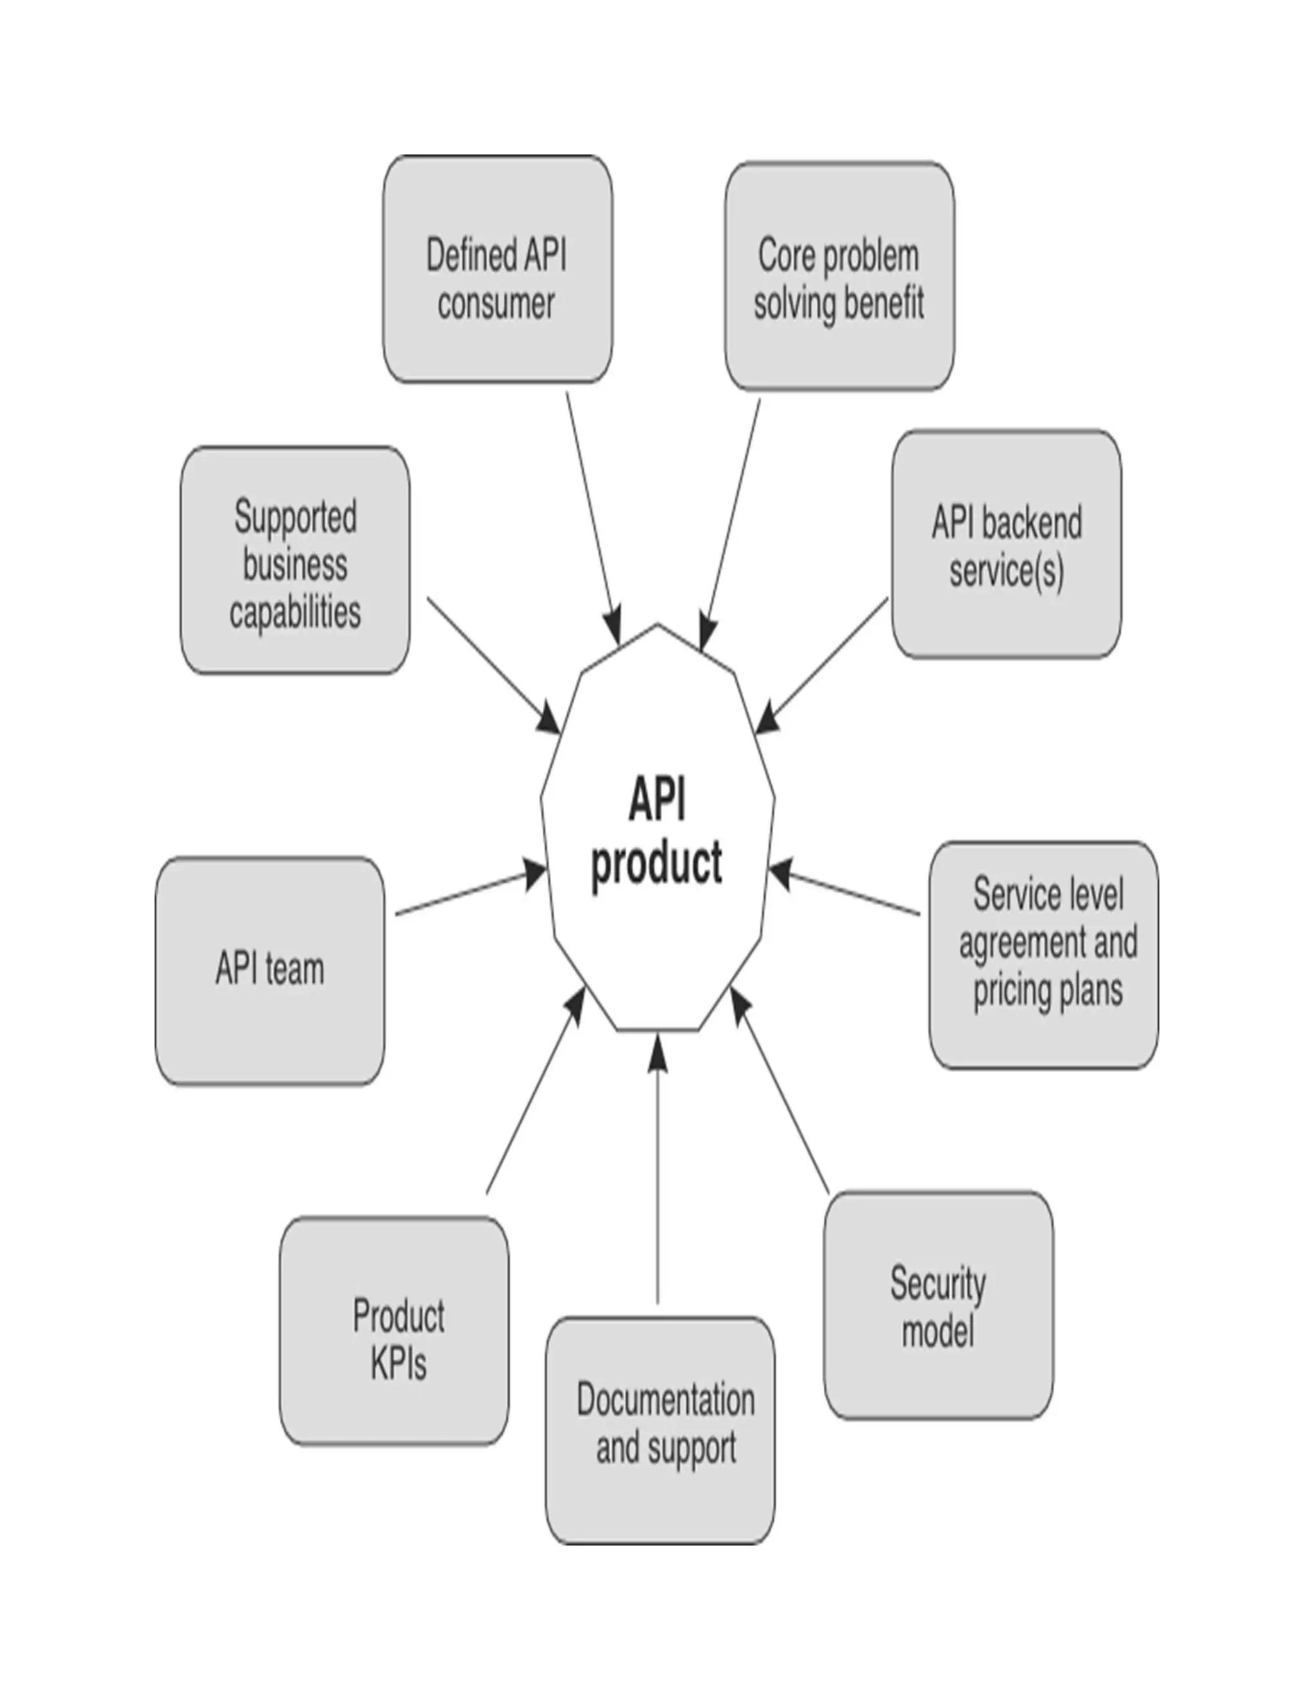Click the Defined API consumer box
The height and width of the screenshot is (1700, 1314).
click(497, 269)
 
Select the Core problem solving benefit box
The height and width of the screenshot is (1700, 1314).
click(839, 276)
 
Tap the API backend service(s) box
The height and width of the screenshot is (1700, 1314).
click(1006, 544)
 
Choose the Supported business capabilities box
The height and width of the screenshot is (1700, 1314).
click(295, 561)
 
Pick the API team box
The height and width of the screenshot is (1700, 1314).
click(269, 971)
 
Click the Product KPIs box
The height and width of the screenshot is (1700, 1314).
click(394, 1331)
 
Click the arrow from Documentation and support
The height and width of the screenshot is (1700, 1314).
click(658, 1168)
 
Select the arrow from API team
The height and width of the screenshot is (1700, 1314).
click(467, 894)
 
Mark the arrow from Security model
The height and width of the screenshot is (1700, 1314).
click(781, 1090)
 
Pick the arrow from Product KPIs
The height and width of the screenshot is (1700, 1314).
click(536, 1090)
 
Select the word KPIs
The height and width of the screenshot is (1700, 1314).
click(398, 1364)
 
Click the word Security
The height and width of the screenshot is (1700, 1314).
click(938, 1284)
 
